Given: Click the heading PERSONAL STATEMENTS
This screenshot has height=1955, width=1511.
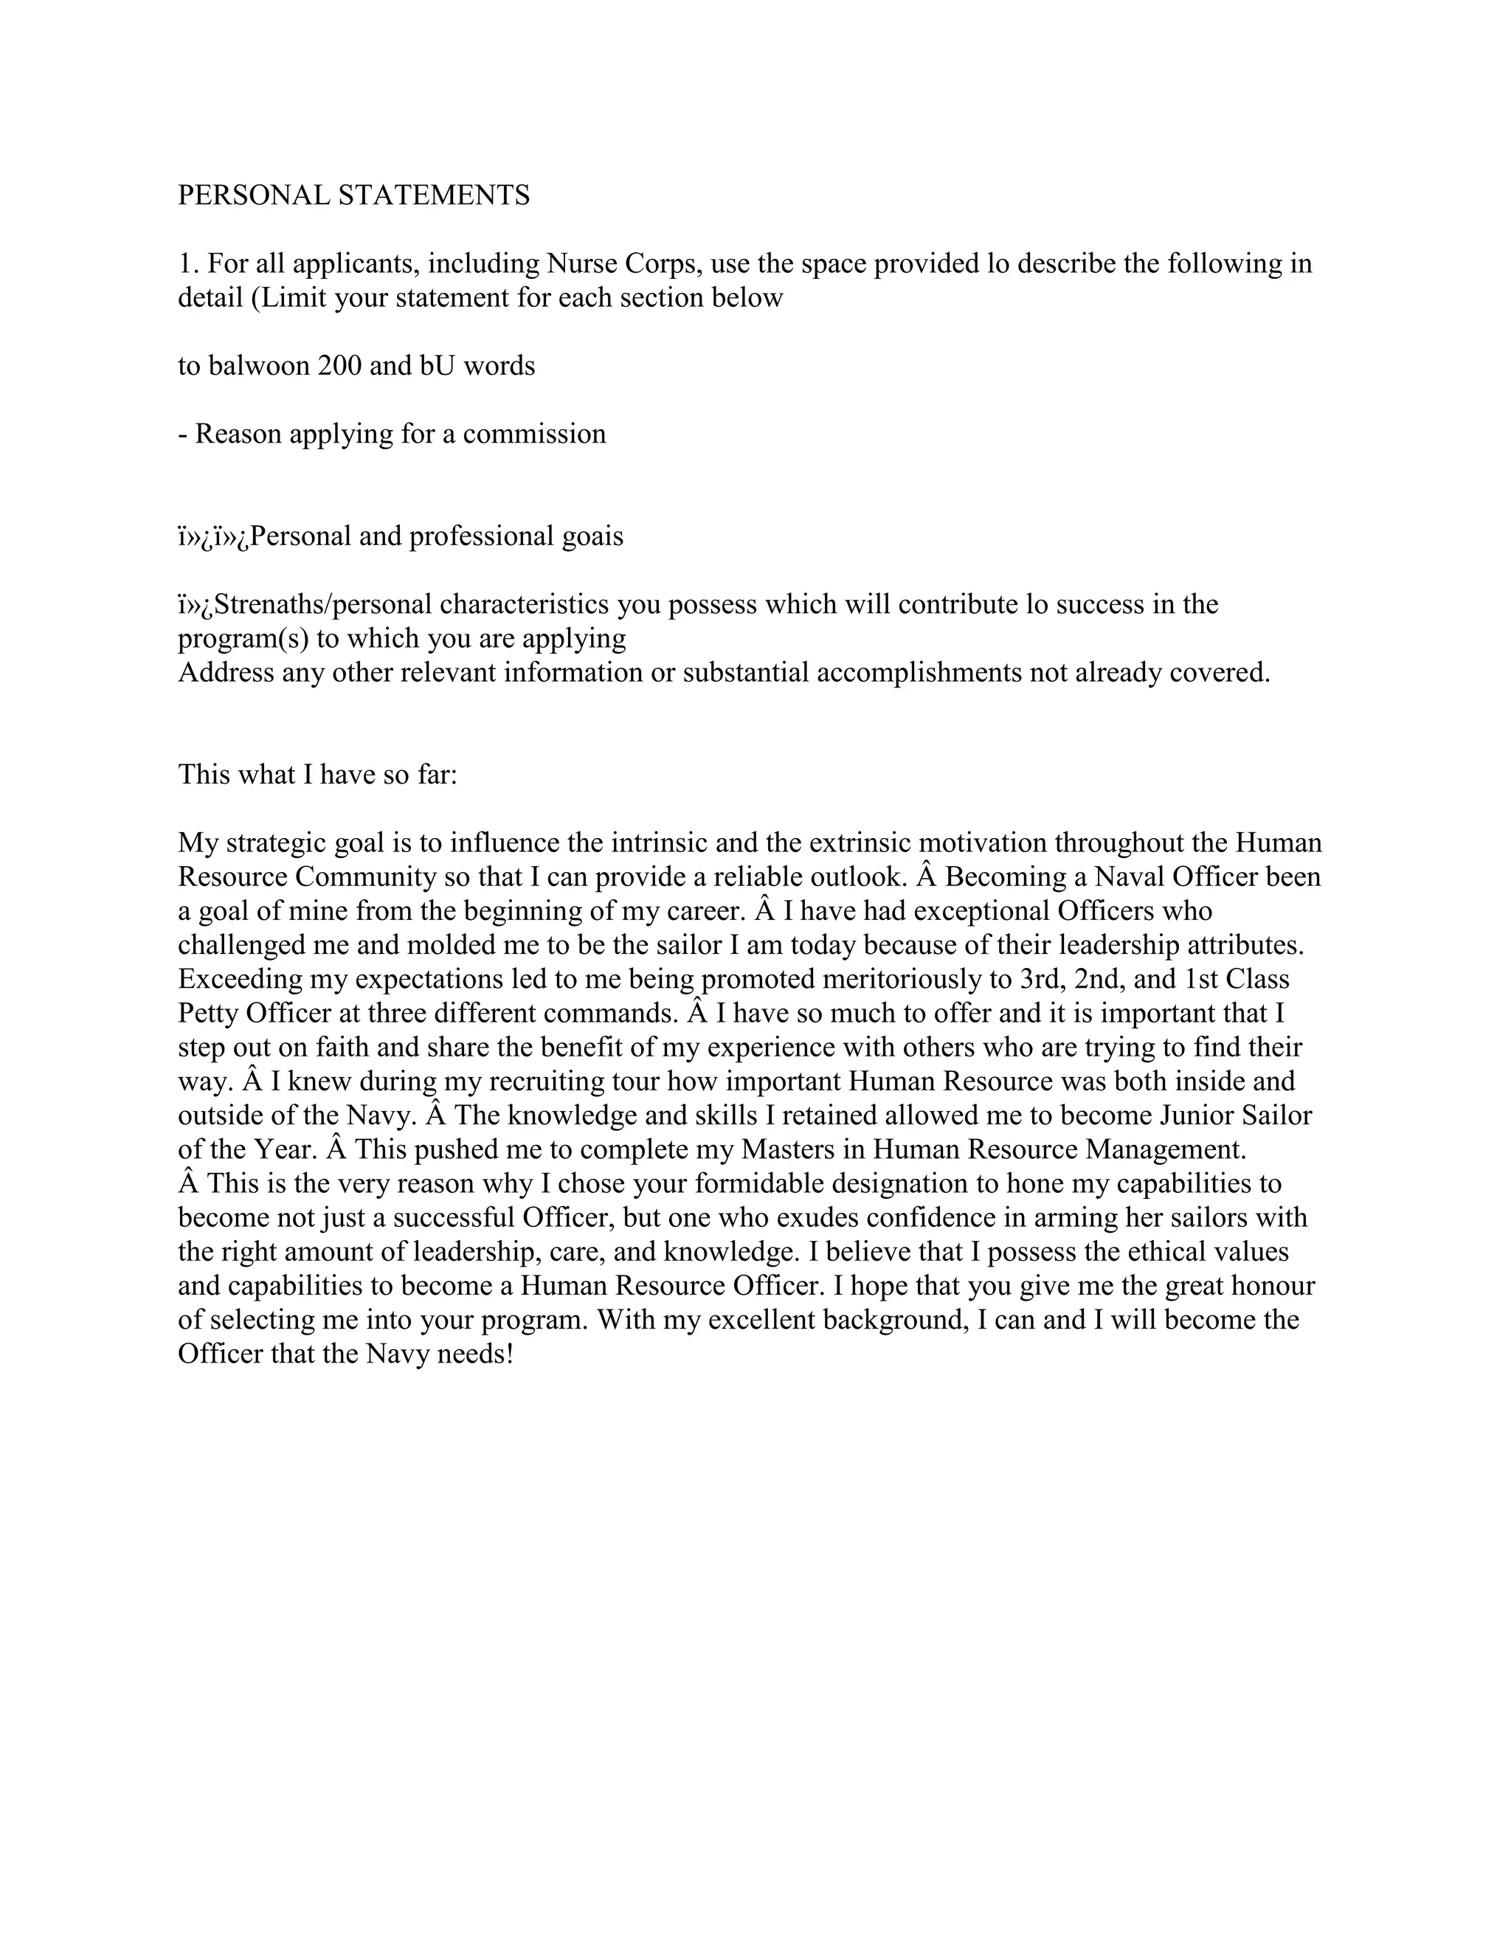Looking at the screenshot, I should (353, 195).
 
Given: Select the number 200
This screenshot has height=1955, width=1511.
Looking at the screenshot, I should (339, 366).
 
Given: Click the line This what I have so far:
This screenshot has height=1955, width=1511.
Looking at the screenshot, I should (318, 775).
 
